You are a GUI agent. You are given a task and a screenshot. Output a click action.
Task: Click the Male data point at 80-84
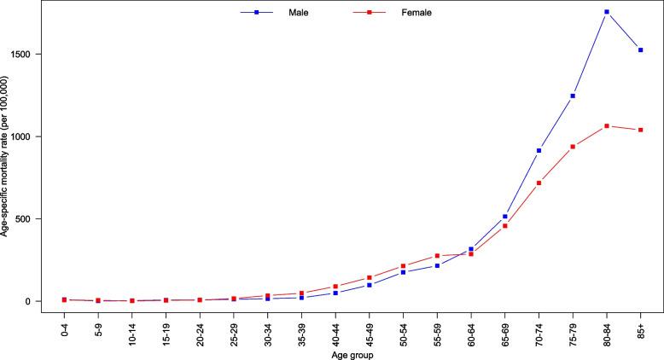click(x=607, y=12)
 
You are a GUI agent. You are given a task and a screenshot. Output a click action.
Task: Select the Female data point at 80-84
click(x=607, y=126)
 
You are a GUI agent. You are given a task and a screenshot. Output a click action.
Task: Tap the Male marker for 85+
click(x=640, y=49)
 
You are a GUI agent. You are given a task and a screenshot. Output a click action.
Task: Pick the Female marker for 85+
click(x=640, y=130)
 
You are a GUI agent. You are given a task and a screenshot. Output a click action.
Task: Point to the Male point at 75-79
click(x=573, y=96)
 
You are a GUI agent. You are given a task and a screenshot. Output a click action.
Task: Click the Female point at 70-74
click(x=539, y=183)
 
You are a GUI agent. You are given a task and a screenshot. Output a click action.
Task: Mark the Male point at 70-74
click(x=539, y=150)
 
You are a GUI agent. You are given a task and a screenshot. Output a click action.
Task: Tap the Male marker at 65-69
click(x=505, y=217)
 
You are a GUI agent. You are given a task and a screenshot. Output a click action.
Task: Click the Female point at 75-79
click(x=573, y=147)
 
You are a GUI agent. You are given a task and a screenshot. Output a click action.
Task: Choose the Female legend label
click(x=416, y=13)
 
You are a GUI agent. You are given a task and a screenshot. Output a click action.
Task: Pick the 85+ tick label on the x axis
click(x=640, y=328)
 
